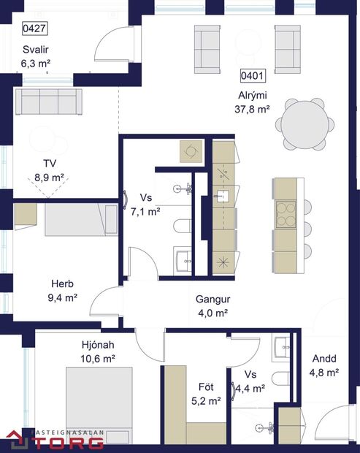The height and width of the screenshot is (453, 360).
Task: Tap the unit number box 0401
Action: [x=253, y=75]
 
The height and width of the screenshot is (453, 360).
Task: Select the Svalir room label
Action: [x=34, y=51]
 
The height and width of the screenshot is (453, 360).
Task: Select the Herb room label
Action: [x=62, y=283]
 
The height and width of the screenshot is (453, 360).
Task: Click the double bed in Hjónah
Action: [x=99, y=406]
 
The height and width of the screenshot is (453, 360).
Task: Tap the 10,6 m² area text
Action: [x=98, y=358]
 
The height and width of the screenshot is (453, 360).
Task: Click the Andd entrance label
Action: [x=324, y=359]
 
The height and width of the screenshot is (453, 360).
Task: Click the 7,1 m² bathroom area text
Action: [x=145, y=213]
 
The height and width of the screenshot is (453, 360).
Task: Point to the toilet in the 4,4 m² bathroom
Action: [x=280, y=378]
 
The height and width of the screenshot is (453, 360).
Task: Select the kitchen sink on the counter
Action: [x=223, y=196]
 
